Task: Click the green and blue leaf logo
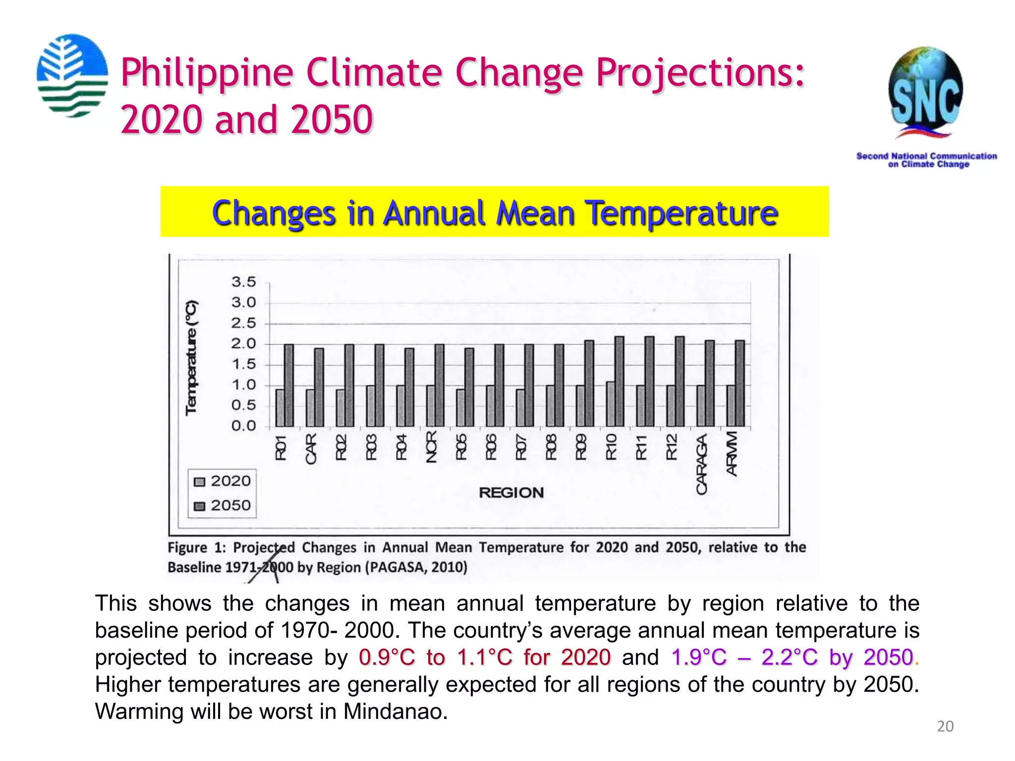pyautogui.click(x=72, y=75)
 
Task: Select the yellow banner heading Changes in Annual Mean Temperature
pyautogui.click(x=495, y=212)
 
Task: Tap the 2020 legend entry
pyautogui.click(x=223, y=481)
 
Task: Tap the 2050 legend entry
pyautogui.click(x=223, y=505)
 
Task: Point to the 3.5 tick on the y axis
pyautogui.click(x=243, y=282)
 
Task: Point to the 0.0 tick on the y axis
pyautogui.click(x=243, y=426)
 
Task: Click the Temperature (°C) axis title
pyautogui.click(x=191, y=357)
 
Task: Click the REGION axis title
pyautogui.click(x=511, y=492)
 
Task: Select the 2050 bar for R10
pyautogui.click(x=620, y=381)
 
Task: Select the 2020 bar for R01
pyautogui.click(x=280, y=408)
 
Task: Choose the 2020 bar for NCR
pyautogui.click(x=431, y=406)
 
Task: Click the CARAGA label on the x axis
pyautogui.click(x=701, y=464)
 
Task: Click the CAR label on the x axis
pyautogui.click(x=311, y=448)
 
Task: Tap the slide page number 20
pyautogui.click(x=945, y=726)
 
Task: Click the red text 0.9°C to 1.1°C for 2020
pyautogui.click(x=484, y=657)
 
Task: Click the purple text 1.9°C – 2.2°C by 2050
pyautogui.click(x=791, y=657)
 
